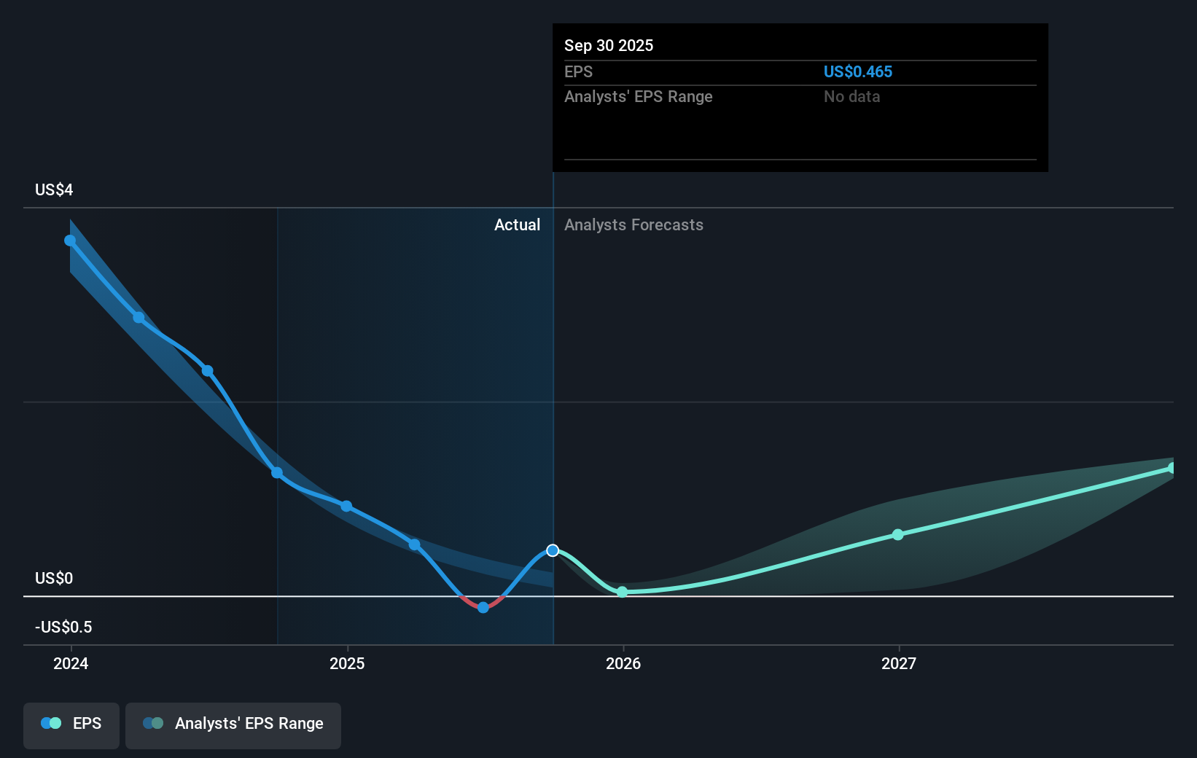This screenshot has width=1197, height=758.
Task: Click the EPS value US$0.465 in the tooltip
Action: (857, 71)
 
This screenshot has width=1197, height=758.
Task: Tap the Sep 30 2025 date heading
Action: (608, 45)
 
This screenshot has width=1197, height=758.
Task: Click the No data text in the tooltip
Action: (851, 96)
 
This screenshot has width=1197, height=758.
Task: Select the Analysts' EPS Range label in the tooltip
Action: (638, 96)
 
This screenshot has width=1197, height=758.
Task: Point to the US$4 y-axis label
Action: (54, 189)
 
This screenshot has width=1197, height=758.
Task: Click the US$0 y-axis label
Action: (54, 578)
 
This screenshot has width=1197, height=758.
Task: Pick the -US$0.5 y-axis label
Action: (63, 627)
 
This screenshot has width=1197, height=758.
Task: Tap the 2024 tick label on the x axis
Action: (71, 663)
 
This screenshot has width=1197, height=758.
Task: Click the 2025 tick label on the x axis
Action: (347, 663)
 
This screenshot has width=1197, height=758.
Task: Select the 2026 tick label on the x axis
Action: (623, 663)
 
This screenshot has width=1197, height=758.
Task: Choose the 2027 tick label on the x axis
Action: (898, 663)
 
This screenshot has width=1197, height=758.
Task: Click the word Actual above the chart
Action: (517, 224)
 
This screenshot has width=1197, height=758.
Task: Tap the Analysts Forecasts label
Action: (633, 224)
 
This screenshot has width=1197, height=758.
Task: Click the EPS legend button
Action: (71, 724)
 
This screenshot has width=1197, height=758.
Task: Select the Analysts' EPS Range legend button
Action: (233, 724)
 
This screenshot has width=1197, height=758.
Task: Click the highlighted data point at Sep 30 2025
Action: (553, 550)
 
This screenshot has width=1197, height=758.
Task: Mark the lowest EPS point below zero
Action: (483, 607)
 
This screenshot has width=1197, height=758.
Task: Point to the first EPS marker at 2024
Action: (70, 241)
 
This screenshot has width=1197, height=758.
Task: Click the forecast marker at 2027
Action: (898, 534)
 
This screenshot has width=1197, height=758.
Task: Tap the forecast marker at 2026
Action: (622, 592)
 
